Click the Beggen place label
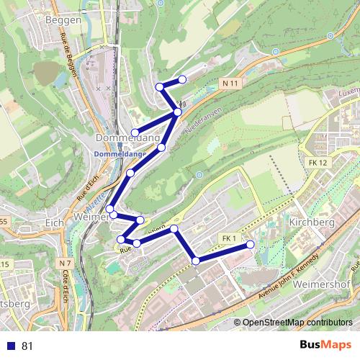(64, 21)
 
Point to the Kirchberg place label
(312, 223)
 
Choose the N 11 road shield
(230, 84)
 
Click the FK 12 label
(317, 163)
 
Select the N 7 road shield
(66, 264)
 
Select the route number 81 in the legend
(28, 346)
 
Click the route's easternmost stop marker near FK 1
(251, 245)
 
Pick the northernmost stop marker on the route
(182, 79)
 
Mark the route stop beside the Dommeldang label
(135, 132)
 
